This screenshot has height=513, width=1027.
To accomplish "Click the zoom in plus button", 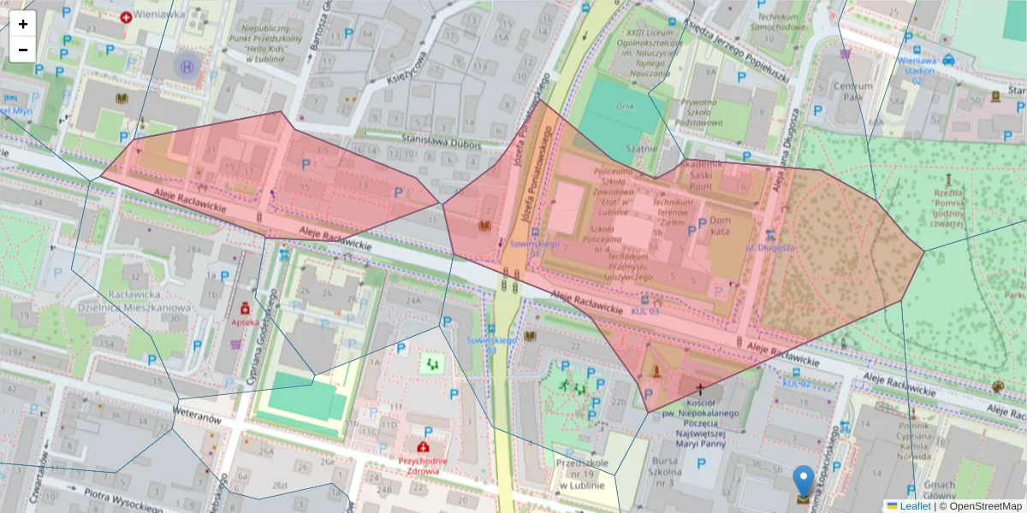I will (x=23, y=24).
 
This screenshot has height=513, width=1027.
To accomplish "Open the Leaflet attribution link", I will (x=914, y=506).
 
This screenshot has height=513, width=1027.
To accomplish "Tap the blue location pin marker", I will (x=804, y=483).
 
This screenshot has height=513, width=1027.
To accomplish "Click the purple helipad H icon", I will (x=186, y=65).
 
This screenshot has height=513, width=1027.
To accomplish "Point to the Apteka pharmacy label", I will (x=245, y=323).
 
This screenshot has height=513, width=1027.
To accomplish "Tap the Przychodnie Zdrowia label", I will (x=419, y=465).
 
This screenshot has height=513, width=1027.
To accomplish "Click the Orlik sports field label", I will (x=626, y=107).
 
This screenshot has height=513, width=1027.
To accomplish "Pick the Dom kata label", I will (x=720, y=226).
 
